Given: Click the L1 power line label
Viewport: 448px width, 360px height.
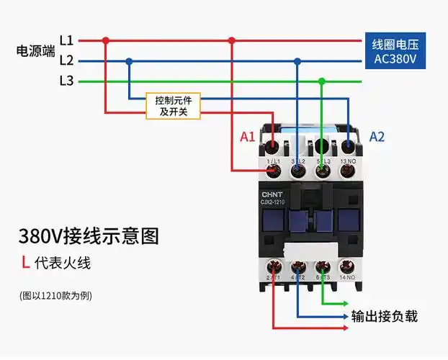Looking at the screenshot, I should tap(66, 40).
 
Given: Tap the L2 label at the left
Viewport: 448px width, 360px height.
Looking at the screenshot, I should tap(66, 60).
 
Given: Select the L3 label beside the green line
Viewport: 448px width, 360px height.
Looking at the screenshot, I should tap(66, 81).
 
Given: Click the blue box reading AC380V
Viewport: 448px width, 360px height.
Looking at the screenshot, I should tap(395, 51).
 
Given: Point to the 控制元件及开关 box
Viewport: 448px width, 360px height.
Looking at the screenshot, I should tap(173, 106).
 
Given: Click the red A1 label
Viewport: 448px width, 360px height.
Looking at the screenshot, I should tap(248, 136).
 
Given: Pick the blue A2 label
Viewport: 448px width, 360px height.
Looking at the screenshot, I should tap(377, 136).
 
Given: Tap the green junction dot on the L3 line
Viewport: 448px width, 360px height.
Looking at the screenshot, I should tap(322, 81).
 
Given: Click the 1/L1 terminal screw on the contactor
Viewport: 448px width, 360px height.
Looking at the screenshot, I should tap(274, 170).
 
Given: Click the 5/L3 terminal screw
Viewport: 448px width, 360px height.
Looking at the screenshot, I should tap(323, 170).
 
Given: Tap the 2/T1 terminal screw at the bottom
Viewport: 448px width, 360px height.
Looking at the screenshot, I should tap(274, 267).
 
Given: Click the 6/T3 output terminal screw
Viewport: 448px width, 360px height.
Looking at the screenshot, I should tap(322, 267).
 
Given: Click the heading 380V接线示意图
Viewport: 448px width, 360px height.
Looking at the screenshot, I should tap(88, 235).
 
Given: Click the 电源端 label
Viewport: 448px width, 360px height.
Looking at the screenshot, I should tap(35, 51).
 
